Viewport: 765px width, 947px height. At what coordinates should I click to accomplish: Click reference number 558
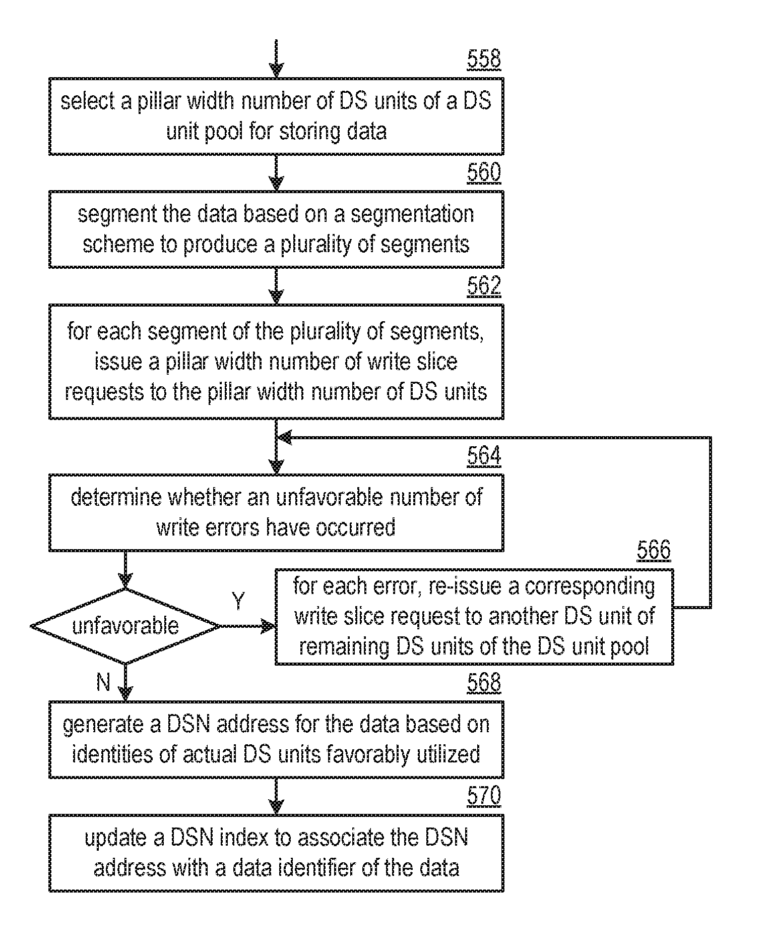point(483,59)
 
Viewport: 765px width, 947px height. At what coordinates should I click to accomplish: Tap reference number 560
point(483,172)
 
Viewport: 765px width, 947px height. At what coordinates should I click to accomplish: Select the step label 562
point(483,286)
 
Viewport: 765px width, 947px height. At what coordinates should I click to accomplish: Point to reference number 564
point(483,455)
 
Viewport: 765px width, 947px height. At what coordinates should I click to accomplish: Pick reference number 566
point(653,550)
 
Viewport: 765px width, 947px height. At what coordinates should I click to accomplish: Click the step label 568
point(483,682)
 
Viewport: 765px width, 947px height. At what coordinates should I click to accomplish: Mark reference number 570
point(483,796)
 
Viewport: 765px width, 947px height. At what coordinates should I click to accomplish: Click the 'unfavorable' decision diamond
point(125,626)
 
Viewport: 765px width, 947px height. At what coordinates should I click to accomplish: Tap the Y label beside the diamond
point(238,601)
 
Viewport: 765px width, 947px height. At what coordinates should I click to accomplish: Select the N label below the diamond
point(103,682)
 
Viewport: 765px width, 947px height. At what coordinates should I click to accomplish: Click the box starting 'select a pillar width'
point(276,116)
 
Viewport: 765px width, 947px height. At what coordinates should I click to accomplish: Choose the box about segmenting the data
point(276,229)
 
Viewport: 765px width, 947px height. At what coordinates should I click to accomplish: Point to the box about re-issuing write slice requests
point(474,616)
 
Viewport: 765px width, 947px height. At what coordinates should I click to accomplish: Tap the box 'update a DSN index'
point(276,853)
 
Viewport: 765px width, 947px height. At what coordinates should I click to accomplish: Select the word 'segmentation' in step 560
point(412,214)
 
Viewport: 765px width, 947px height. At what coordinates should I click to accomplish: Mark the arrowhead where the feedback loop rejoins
point(285,438)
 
